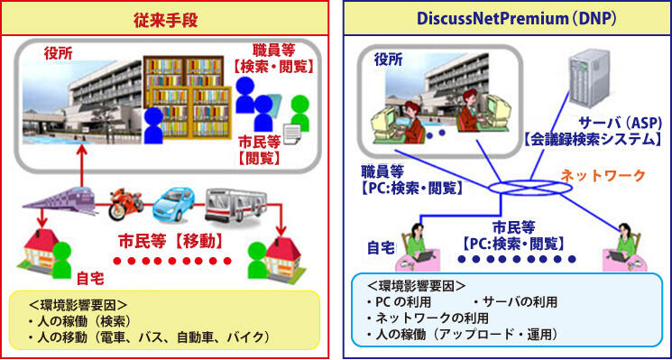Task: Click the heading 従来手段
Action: [164, 17]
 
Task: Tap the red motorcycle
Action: [126, 206]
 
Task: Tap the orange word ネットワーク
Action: [596, 175]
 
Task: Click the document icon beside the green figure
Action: [292, 134]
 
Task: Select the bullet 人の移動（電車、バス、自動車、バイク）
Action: [149, 337]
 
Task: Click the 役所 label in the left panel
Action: [59, 53]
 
